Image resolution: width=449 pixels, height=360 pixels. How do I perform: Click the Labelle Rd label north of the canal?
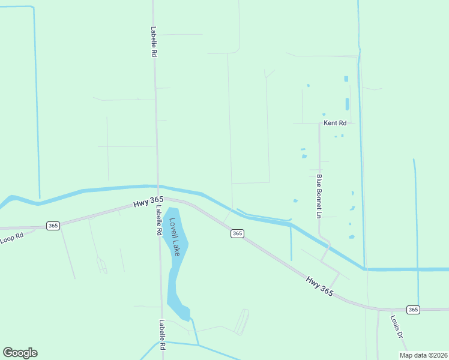click(154, 41)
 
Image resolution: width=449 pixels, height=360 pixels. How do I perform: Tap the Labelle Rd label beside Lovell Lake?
click(158, 221)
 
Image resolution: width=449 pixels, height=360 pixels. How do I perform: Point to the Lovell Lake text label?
click(174, 236)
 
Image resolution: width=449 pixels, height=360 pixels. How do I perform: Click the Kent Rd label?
click(335, 123)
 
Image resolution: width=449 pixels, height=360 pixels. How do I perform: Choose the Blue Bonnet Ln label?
click(319, 196)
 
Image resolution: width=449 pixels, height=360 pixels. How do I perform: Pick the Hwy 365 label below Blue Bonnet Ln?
click(319, 286)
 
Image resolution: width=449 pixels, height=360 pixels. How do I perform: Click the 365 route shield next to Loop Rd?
click(53, 226)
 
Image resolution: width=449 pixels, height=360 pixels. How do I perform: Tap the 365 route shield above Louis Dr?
click(412, 310)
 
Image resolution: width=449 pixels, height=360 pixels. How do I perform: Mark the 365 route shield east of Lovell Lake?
click(237, 233)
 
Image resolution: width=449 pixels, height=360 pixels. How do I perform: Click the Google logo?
click(20, 353)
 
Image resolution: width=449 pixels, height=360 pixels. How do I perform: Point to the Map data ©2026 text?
click(423, 355)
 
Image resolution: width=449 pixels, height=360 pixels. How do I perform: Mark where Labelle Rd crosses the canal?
click(157, 187)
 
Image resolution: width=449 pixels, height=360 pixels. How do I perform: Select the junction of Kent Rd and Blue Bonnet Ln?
click(319, 124)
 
